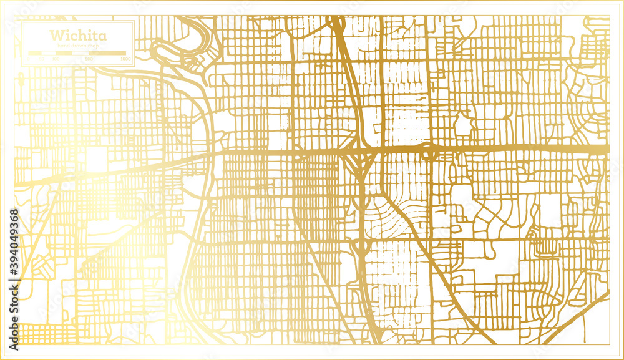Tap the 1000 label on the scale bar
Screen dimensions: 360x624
tap(126, 59)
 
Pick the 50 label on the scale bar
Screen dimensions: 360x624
tap(42, 59)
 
